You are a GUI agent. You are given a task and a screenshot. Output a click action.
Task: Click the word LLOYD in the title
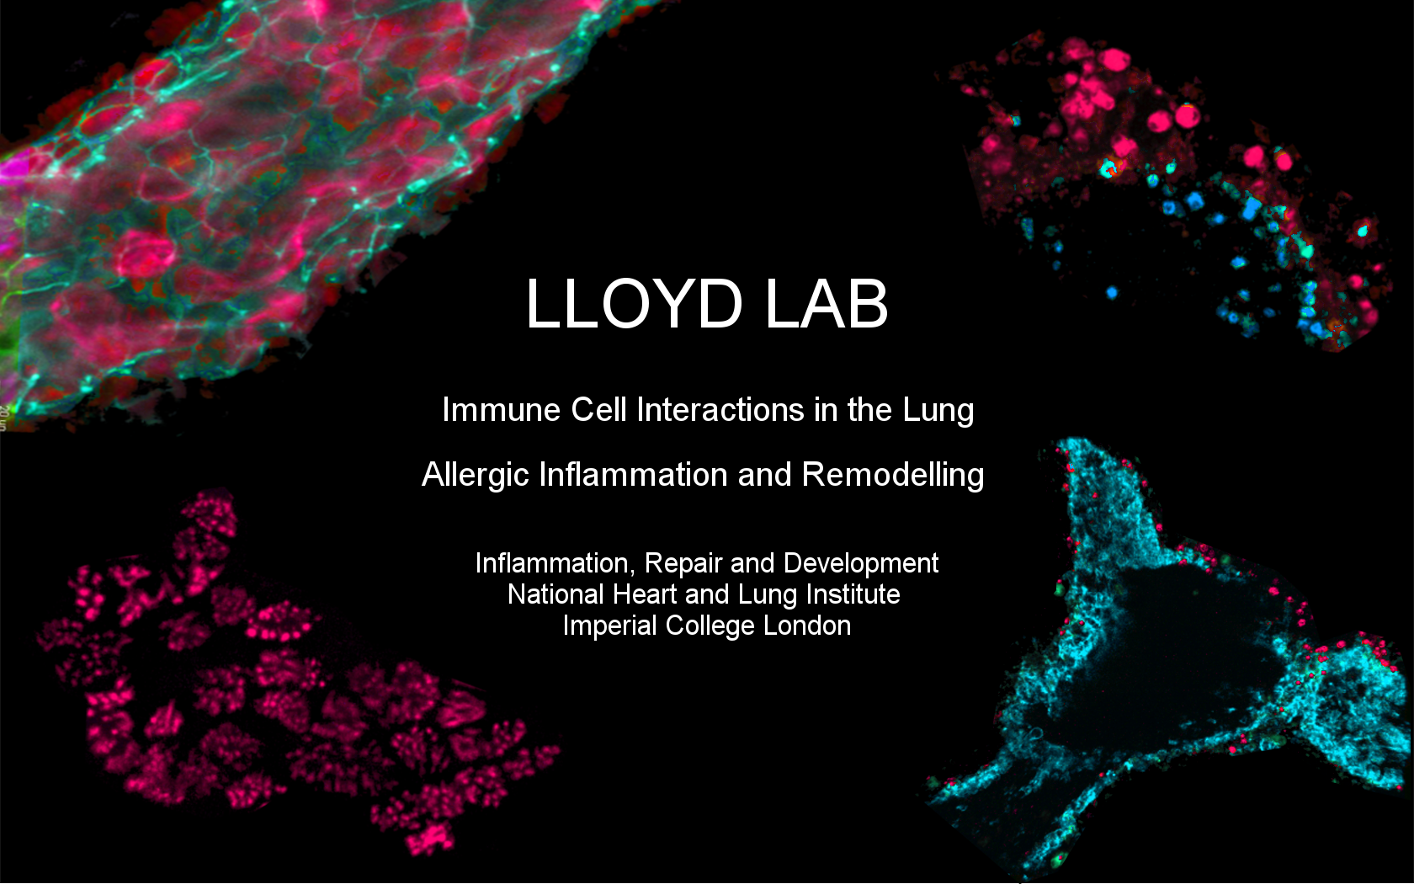pyautogui.click(x=634, y=304)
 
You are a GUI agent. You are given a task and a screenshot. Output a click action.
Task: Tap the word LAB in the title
pyautogui.click(x=827, y=304)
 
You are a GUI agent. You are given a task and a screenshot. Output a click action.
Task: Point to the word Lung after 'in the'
pyautogui.click(x=938, y=410)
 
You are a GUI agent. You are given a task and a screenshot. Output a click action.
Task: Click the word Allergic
pyautogui.click(x=475, y=475)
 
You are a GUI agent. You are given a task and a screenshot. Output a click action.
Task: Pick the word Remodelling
pyautogui.click(x=893, y=475)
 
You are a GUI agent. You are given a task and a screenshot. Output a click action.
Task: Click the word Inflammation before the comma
pyautogui.click(x=551, y=563)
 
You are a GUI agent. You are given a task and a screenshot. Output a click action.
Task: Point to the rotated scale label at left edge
pyautogui.click(x=3, y=418)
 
